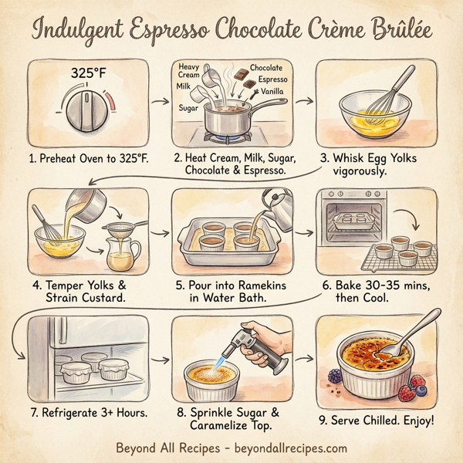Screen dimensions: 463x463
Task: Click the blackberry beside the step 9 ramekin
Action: (x=334, y=376)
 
